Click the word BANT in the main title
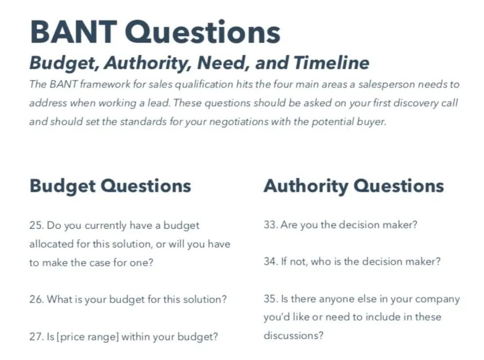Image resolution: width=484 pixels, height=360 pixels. (x=73, y=32)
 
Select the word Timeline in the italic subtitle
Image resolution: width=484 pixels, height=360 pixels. (x=331, y=63)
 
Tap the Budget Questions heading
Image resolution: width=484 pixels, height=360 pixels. (x=110, y=186)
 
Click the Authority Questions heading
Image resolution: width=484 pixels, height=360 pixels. (x=354, y=186)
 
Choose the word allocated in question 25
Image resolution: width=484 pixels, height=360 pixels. (x=52, y=244)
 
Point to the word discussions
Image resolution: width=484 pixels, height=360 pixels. (x=293, y=335)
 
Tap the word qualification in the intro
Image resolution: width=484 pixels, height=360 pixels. (x=205, y=85)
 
